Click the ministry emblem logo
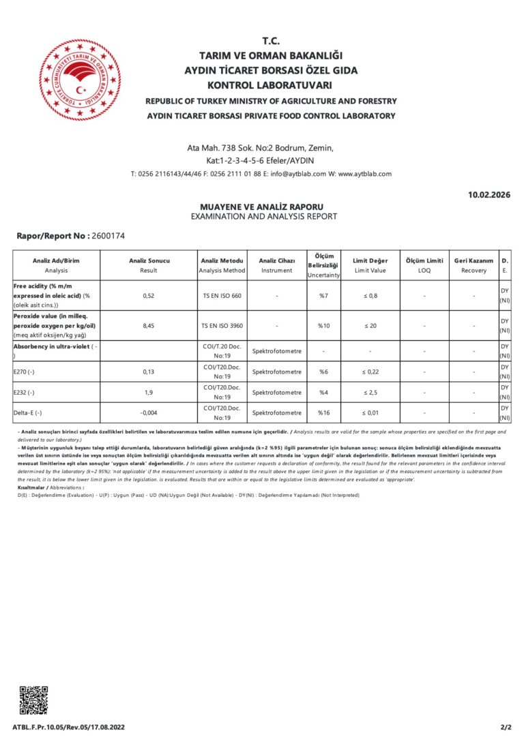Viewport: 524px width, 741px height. [x=81, y=79]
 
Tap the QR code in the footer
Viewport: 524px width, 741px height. [x=33, y=701]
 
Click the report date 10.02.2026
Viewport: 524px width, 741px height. [x=489, y=195]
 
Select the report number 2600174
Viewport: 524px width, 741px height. [x=107, y=236]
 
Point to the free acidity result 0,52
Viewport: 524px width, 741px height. [x=149, y=296]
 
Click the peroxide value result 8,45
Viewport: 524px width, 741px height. [x=149, y=326]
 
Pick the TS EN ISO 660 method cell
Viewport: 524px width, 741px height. [x=222, y=296]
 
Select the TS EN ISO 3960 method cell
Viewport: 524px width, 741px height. [x=222, y=326]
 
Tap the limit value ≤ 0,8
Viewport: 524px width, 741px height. [x=369, y=296]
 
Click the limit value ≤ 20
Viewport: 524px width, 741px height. [x=369, y=326]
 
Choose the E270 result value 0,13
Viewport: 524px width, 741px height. [x=149, y=372]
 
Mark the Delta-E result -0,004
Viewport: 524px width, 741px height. [x=149, y=412]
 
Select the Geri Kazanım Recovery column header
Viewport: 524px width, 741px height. [x=474, y=265]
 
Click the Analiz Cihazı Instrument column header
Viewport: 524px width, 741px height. [x=276, y=265]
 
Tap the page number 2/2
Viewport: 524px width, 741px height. [x=505, y=727]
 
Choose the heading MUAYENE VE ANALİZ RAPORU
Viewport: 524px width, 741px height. [x=261, y=207]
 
